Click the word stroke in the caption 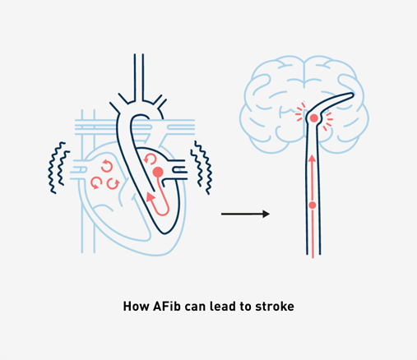(275, 306)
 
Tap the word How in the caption (136, 306)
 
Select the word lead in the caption (222, 306)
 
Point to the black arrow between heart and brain (245, 214)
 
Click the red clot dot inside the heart (158, 172)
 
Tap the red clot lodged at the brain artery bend (314, 118)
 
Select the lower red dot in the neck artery (313, 205)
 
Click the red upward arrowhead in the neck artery (312, 159)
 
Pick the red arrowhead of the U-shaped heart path (150, 196)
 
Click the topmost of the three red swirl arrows (107, 166)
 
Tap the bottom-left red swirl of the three (96, 183)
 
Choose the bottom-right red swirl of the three (113, 183)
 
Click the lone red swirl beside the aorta (150, 159)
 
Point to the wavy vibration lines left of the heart (59, 168)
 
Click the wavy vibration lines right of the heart (202, 168)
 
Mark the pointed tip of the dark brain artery (353, 95)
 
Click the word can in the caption (195, 307)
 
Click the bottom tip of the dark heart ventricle (164, 233)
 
